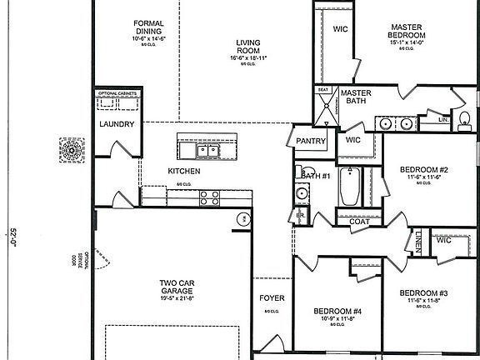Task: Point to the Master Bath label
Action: [x=356, y=97]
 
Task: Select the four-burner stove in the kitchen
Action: [x=209, y=197]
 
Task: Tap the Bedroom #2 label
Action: [x=422, y=167]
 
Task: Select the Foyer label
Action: [x=272, y=296]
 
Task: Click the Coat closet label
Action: [x=359, y=221]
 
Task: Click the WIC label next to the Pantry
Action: [x=353, y=140]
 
